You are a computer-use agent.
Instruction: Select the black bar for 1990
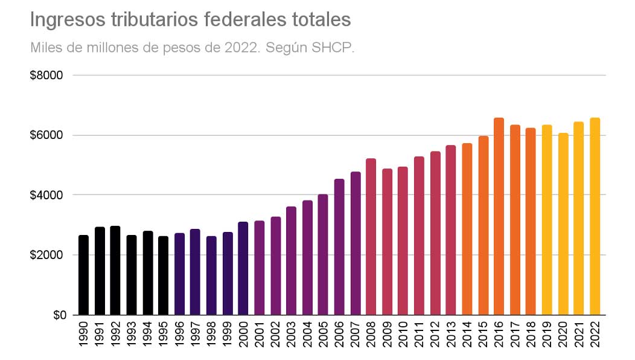(83, 275)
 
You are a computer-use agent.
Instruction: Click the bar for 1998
(211, 275)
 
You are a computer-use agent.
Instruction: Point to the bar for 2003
(291, 260)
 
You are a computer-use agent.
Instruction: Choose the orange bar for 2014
(467, 229)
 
